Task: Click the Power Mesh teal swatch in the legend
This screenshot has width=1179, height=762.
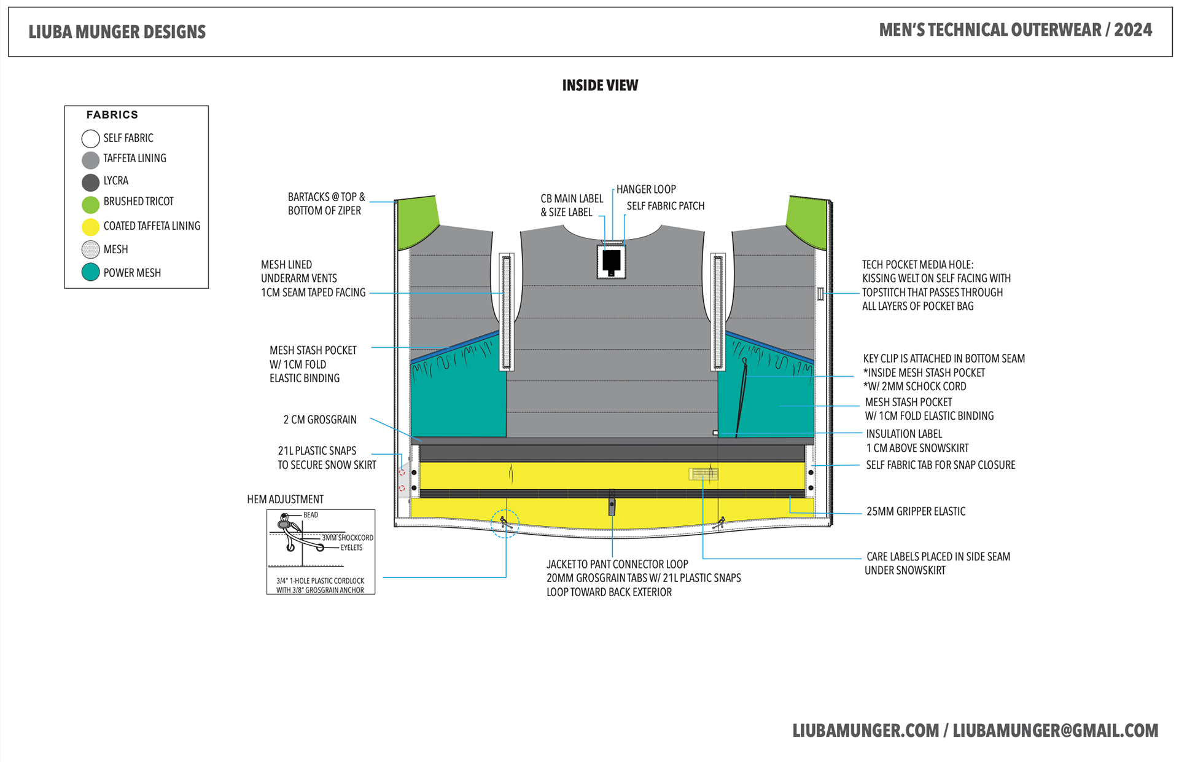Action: (90, 272)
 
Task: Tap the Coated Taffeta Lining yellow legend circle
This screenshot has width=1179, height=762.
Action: (90, 227)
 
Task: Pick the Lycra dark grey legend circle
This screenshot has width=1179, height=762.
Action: (90, 182)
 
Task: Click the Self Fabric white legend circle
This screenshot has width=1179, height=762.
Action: (90, 138)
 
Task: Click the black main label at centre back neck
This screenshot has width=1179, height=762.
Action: (611, 261)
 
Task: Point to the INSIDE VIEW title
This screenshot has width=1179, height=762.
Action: (600, 85)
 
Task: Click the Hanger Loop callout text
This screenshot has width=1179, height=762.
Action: (646, 189)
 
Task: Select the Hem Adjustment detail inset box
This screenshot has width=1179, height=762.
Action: (321, 551)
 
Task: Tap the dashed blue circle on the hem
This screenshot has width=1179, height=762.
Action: (505, 524)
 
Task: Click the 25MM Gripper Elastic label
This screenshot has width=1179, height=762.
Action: (916, 511)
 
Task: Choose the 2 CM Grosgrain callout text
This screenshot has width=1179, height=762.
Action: (319, 420)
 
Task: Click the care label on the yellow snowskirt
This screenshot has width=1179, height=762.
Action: (703, 474)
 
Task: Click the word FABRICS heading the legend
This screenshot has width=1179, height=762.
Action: (112, 115)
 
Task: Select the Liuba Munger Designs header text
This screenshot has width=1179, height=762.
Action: (117, 32)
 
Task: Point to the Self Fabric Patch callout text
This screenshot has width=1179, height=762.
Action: (665, 206)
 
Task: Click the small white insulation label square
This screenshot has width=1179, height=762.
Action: (715, 433)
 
